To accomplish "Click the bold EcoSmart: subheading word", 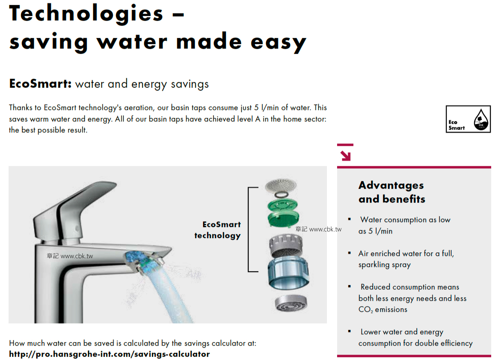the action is tap(40, 84).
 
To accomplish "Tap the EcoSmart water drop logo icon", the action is tap(481, 119).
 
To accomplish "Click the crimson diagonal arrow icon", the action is tap(345, 155).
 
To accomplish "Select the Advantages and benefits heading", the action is tap(392, 192).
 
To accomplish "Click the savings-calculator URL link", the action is tap(109, 354).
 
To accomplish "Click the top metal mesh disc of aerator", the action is tap(281, 185).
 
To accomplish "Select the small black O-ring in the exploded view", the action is tap(282, 194).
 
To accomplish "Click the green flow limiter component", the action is tap(283, 213).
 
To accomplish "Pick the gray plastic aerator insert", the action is tap(286, 246).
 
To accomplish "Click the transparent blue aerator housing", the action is tap(288, 273).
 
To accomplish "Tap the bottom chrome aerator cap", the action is tap(291, 303).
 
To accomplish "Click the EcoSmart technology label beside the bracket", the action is tap(218, 230).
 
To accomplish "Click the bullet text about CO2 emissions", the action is tap(412, 298).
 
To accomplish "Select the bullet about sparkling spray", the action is tap(406, 259).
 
